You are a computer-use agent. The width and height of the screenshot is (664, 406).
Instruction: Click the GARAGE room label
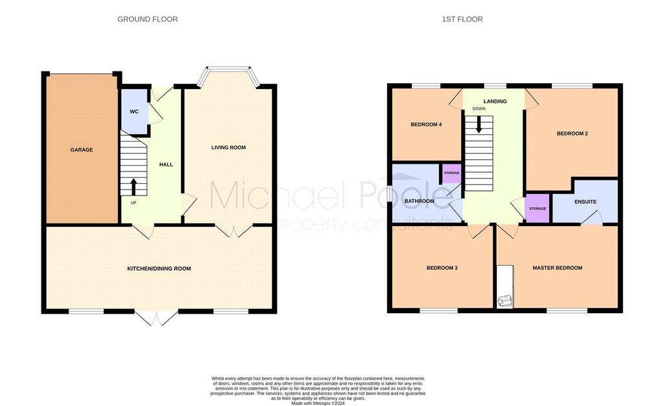[x=81, y=150]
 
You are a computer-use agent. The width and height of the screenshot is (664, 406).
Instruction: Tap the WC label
[x=134, y=112]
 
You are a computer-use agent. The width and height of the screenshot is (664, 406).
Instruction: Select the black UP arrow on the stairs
[x=134, y=186]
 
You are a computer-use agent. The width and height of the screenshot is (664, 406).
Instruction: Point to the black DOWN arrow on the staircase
[x=479, y=125]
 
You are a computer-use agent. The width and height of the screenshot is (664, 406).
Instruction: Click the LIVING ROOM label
[x=228, y=147]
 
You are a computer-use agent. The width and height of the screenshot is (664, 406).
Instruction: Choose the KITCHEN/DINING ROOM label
[x=159, y=268]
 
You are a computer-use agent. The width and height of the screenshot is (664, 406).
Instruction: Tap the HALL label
[x=166, y=164]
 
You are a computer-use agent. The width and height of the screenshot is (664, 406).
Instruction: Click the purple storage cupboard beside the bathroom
[x=452, y=173]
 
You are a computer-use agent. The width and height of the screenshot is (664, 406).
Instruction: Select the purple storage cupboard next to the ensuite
[x=538, y=209]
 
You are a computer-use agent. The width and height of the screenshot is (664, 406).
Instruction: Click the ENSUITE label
[x=586, y=202]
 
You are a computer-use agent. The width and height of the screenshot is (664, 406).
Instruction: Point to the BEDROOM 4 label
[x=426, y=125]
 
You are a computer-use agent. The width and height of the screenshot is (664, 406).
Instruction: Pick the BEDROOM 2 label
[x=572, y=134]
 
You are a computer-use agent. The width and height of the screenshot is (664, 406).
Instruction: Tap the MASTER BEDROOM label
[x=557, y=268]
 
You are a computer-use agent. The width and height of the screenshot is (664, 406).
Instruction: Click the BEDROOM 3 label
[x=442, y=268]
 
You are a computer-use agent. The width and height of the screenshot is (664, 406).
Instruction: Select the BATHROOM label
[x=420, y=201]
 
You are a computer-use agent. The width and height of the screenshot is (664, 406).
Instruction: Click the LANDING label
[x=495, y=101]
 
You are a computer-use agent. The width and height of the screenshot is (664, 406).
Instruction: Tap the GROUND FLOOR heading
[x=147, y=19]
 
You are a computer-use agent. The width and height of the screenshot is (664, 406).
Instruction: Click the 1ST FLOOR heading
[x=462, y=19]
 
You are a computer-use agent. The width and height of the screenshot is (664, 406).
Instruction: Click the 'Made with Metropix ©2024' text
[x=318, y=403]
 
